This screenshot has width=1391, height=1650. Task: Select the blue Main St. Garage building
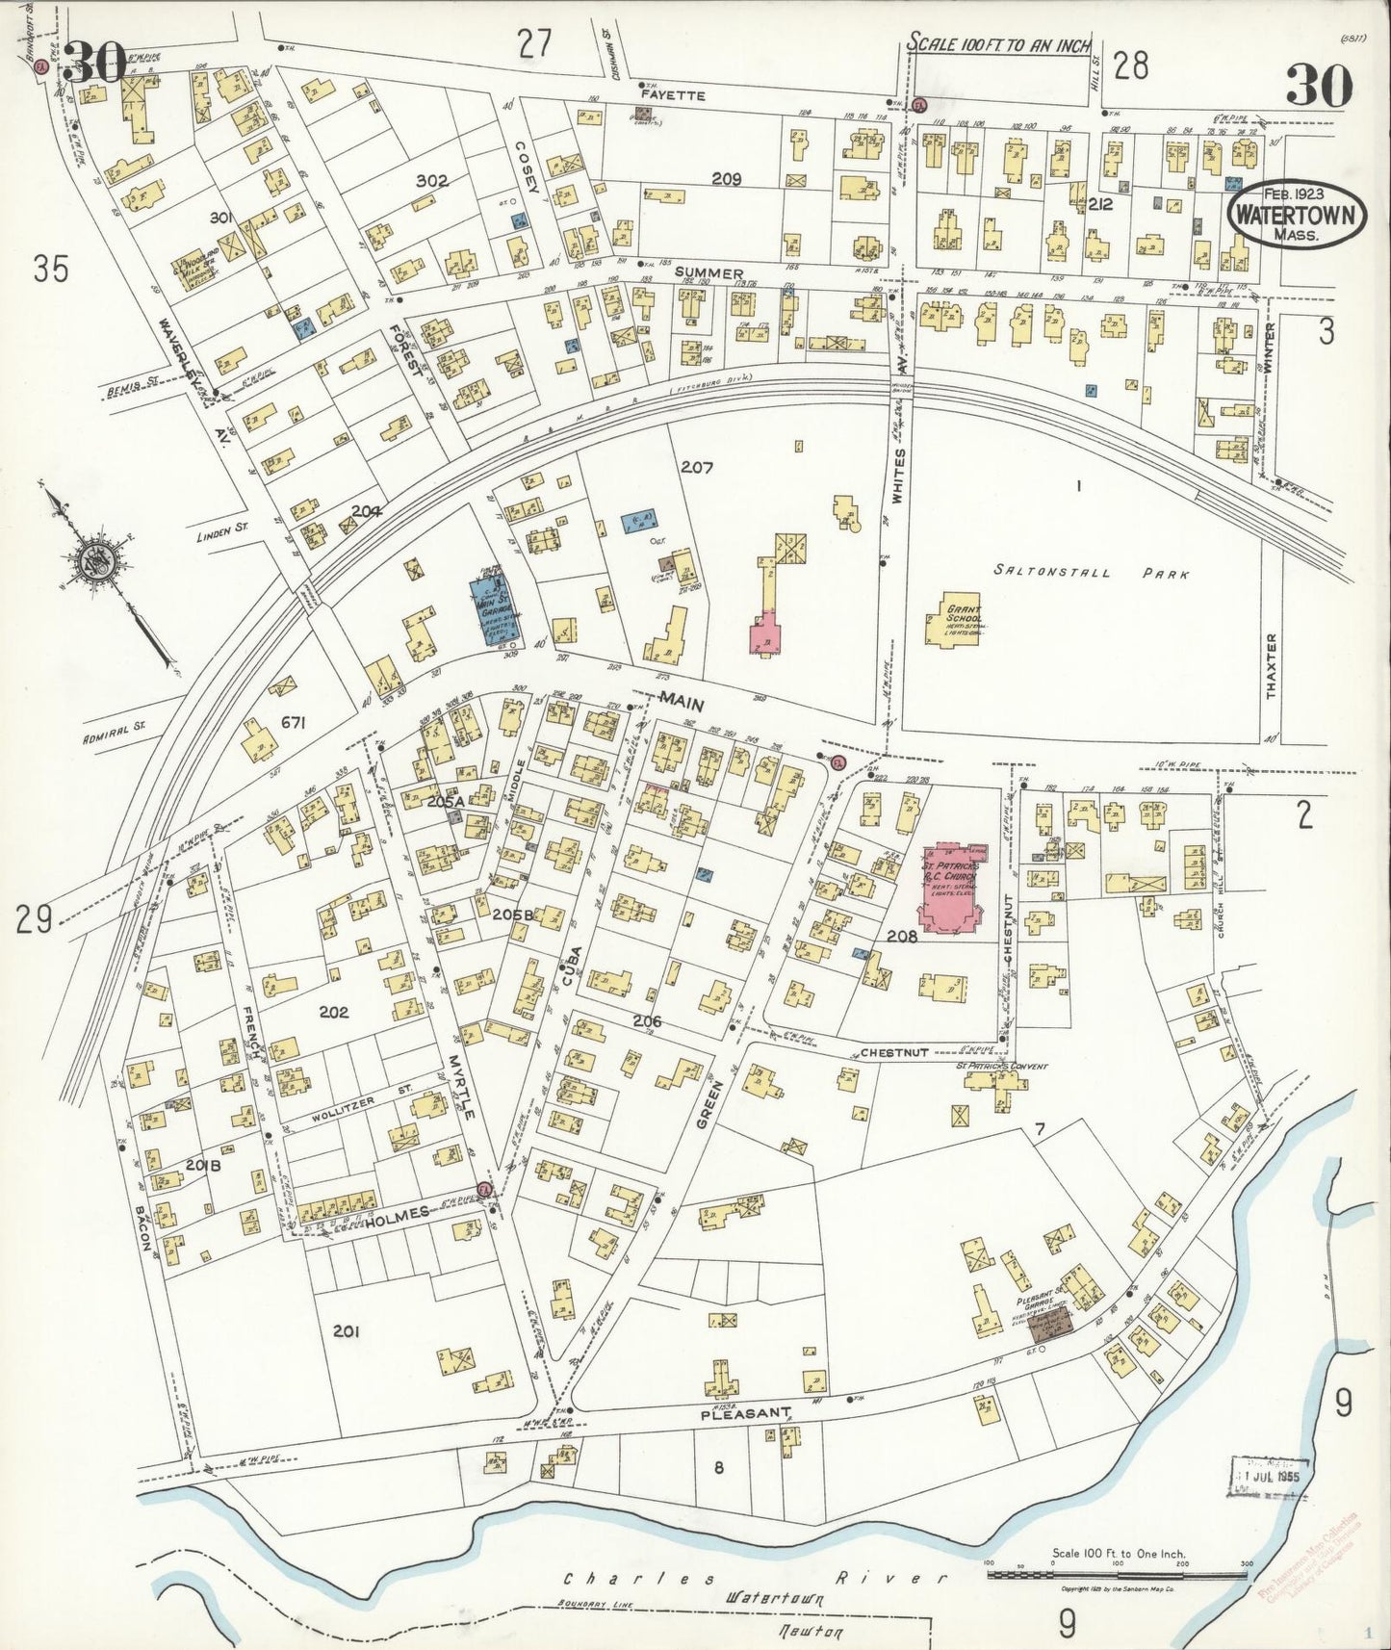496,607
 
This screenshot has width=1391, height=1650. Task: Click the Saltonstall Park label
1091,574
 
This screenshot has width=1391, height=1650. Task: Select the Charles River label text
751,1578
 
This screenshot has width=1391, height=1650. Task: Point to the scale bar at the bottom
1117,1575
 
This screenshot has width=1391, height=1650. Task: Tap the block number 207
696,469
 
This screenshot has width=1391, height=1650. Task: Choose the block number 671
293,723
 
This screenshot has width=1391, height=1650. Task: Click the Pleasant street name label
745,1413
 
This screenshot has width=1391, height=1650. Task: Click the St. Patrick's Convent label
1001,1067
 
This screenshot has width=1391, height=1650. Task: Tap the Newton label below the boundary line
811,1633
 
